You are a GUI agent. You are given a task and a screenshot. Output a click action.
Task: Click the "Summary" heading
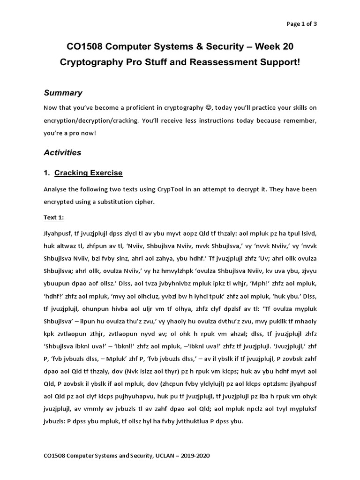[x=63, y=93]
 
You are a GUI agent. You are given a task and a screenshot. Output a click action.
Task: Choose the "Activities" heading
[x=62, y=152]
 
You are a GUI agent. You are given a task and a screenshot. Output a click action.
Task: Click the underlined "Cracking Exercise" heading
[x=88, y=173]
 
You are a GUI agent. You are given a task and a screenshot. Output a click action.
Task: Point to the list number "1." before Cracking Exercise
[x=47, y=173]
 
